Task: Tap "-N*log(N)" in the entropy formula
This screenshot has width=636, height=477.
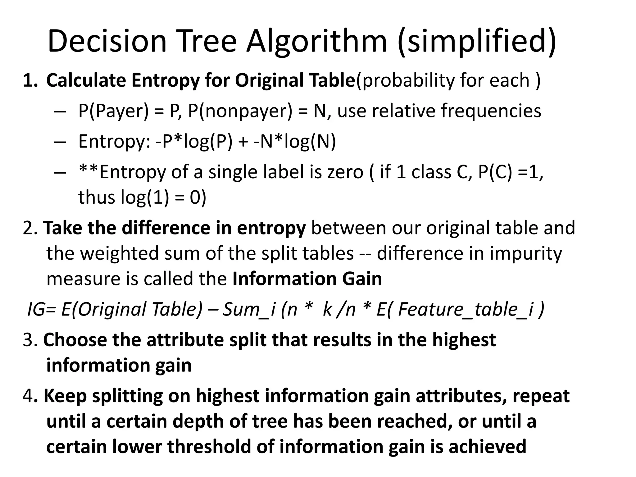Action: point(294,142)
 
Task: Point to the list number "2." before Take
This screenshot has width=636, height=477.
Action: point(30,228)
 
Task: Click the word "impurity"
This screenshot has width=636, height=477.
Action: point(526,253)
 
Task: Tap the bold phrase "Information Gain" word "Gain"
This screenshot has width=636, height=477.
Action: point(362,279)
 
